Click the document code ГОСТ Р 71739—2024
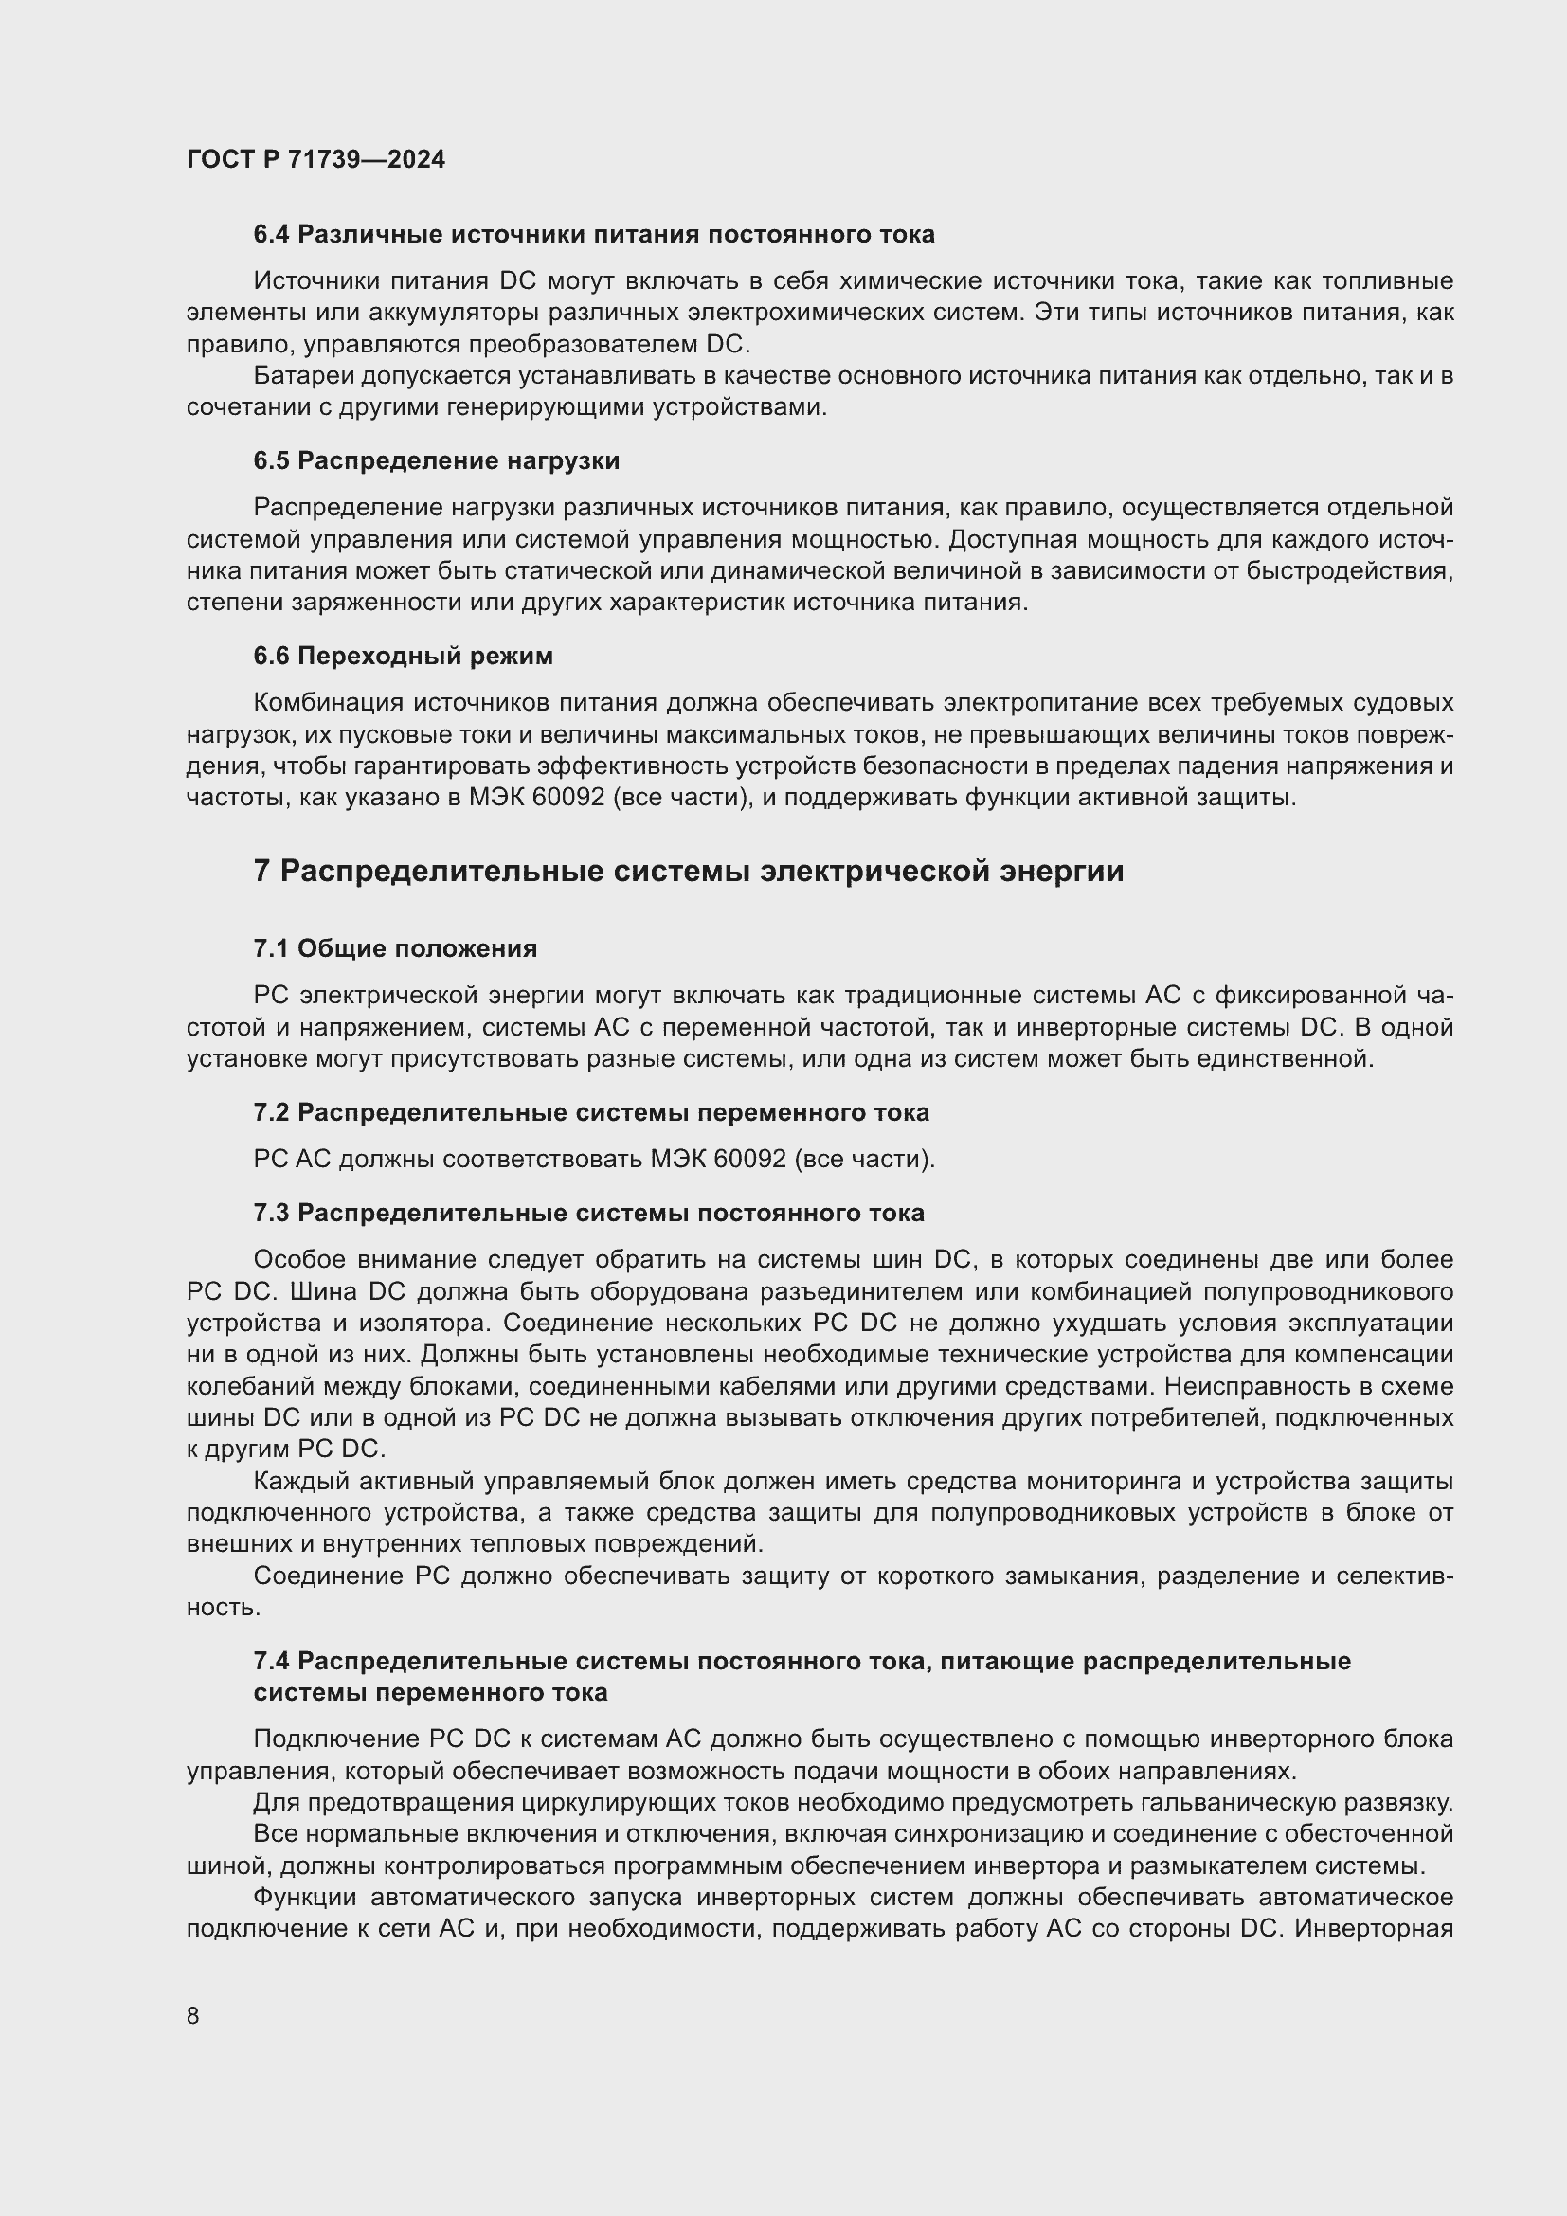(x=315, y=159)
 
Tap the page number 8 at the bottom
(x=193, y=2015)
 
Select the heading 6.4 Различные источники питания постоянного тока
(x=593, y=235)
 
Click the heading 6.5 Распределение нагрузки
(x=436, y=460)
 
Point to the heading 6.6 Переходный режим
(x=404, y=657)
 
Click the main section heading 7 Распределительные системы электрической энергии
(x=688, y=872)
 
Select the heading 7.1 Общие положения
(x=395, y=948)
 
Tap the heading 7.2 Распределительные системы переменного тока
(x=590, y=1113)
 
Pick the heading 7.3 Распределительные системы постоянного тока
(x=588, y=1214)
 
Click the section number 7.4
(x=271, y=1661)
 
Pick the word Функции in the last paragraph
(x=304, y=1898)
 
